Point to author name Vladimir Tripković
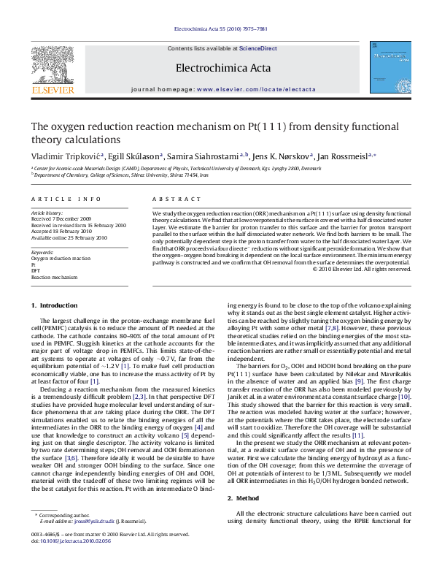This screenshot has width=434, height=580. (x=66, y=156)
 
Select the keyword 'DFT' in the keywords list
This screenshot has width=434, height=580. (x=36, y=271)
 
